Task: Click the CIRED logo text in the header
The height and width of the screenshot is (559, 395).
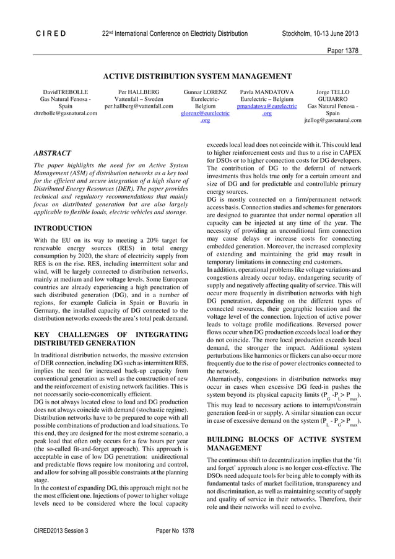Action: pyautogui.click(x=50, y=33)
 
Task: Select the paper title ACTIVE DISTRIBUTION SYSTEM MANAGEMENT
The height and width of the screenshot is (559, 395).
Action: pyautogui.click(x=197, y=77)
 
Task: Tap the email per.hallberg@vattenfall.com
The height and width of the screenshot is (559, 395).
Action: pyautogui.click(x=139, y=106)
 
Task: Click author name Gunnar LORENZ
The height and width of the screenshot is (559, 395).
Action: pyautogui.click(x=205, y=91)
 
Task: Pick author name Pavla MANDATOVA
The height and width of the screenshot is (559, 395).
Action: pyautogui.click(x=267, y=91)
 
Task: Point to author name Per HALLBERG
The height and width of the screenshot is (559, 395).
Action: pyautogui.click(x=139, y=91)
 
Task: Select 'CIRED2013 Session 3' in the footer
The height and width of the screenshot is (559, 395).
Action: pyautogui.click(x=61, y=531)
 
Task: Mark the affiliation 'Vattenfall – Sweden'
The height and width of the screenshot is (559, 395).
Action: pyautogui.click(x=139, y=98)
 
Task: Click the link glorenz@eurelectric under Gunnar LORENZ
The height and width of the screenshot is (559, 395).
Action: pyautogui.click(x=205, y=113)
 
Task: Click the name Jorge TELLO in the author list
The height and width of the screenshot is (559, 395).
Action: pyautogui.click(x=332, y=91)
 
